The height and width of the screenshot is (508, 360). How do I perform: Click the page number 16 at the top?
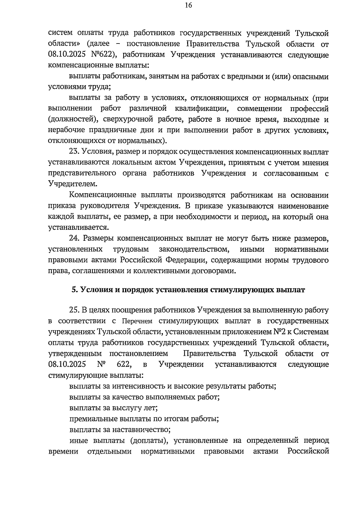point(188,6)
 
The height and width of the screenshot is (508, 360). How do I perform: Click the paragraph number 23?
point(74,152)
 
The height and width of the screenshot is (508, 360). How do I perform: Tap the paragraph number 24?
point(74,239)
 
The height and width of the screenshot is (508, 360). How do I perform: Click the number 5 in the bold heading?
point(73,290)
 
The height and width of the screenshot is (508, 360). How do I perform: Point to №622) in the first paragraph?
point(104,55)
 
